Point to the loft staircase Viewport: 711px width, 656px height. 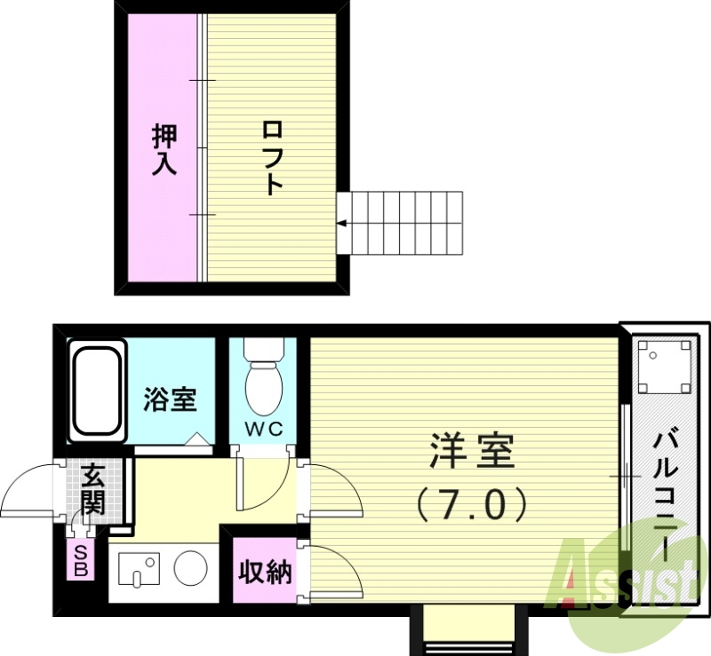[403, 221]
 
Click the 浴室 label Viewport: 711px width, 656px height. [169, 400]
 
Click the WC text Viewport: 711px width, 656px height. [263, 430]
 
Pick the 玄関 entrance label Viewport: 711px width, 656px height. [92, 489]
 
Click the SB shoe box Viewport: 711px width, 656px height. [81, 560]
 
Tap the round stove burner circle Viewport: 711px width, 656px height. [190, 568]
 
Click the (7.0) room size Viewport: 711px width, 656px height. [471, 505]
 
